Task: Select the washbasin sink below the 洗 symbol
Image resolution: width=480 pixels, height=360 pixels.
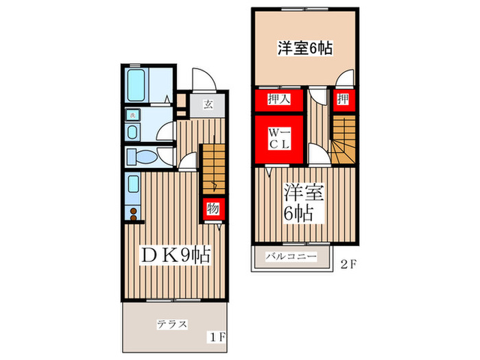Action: tap(132, 131)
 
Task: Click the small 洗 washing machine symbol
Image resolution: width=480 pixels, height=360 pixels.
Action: tap(132, 115)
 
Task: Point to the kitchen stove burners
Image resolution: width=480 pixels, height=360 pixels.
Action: tap(133, 212)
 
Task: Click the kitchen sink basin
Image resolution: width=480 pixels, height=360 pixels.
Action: tap(133, 185)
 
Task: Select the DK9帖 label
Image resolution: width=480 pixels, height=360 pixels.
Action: tap(174, 256)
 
